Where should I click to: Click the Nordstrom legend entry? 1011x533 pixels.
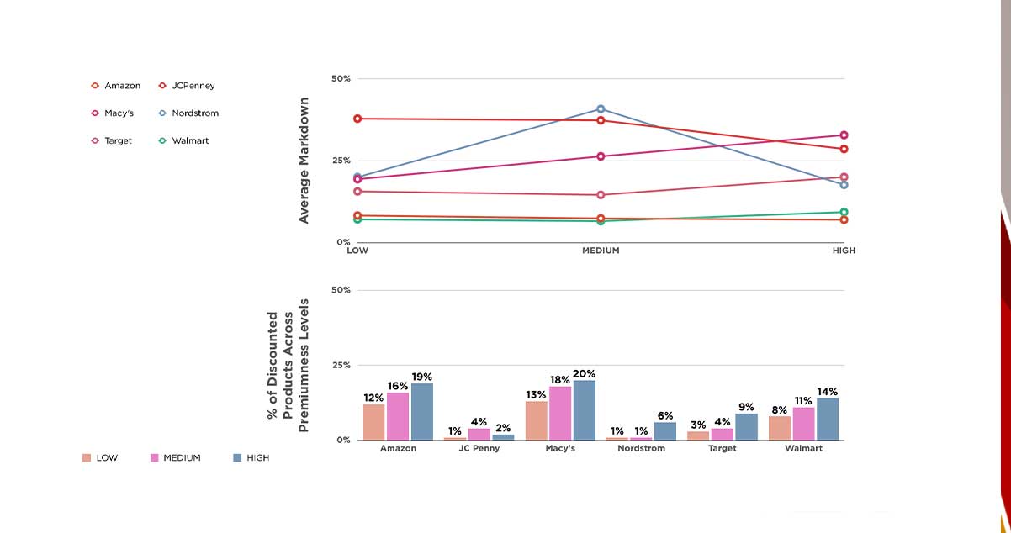(x=188, y=113)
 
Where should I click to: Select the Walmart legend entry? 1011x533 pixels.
(x=183, y=141)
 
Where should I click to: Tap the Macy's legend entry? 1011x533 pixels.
(x=113, y=113)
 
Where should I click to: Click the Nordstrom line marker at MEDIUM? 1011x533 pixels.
(x=601, y=109)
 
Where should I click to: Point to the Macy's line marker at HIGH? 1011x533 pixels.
(x=844, y=135)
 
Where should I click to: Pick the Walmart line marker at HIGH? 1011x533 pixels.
(x=844, y=213)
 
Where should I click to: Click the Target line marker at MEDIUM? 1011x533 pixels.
(x=601, y=195)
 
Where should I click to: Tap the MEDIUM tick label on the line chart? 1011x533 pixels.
(x=601, y=251)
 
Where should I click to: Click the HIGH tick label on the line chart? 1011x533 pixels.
(x=844, y=251)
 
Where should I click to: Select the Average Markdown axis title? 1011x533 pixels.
(x=304, y=161)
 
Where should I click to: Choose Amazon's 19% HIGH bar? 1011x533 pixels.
(x=421, y=412)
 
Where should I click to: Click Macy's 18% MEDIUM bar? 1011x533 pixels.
(x=559, y=413)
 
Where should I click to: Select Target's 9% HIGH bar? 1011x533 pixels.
(x=746, y=427)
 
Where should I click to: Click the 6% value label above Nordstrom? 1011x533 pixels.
(x=664, y=416)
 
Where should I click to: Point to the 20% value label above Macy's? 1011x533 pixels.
(x=584, y=373)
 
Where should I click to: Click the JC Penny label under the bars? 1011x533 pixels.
(x=479, y=449)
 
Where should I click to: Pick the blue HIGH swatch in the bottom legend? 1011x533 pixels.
(x=237, y=458)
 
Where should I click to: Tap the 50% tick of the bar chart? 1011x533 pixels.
(x=341, y=290)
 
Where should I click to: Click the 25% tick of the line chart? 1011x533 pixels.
(x=341, y=161)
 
